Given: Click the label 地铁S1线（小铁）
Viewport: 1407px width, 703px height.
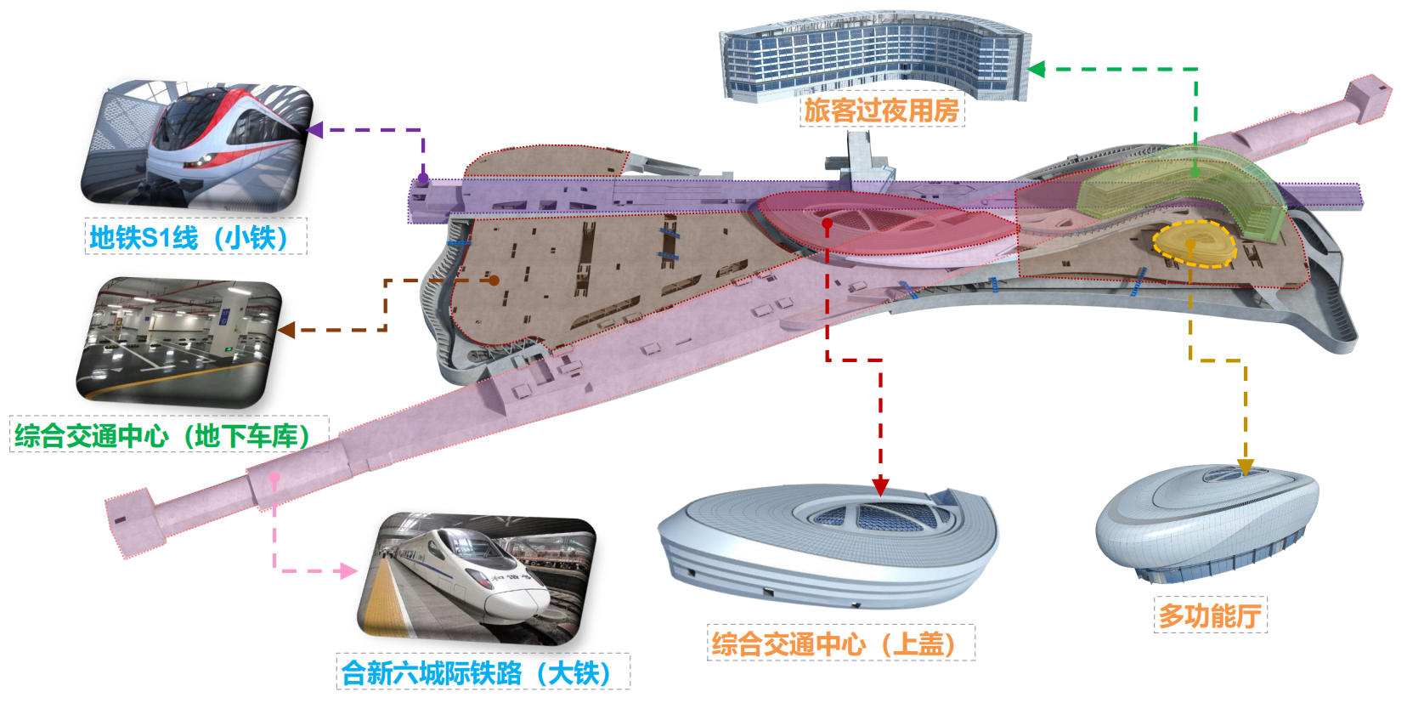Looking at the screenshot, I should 195,237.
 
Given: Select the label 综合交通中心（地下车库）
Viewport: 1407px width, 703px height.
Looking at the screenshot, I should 168,435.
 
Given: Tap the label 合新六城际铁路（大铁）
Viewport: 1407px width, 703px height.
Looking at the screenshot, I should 482,672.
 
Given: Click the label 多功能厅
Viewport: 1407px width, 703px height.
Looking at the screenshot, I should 1209,615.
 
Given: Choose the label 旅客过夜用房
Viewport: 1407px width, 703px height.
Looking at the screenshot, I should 881,110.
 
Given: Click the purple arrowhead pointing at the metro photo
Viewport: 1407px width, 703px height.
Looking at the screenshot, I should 314,130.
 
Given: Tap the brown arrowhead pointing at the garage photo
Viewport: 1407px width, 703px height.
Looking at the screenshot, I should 286,330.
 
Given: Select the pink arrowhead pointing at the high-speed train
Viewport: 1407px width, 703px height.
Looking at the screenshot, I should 348,571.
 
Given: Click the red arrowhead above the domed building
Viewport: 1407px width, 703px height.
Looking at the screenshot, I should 880,487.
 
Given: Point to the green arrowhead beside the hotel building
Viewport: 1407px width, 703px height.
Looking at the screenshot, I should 1036,70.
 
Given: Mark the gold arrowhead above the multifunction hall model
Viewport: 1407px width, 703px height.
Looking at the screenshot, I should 1246,468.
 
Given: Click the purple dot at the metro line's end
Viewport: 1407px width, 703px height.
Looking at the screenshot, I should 422,179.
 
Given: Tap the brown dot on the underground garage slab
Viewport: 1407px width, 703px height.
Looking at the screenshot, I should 494,280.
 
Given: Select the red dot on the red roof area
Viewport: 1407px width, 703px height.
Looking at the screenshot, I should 828,224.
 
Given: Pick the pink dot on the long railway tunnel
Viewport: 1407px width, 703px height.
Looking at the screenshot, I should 274,480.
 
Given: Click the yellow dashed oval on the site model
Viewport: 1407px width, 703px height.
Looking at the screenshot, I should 1194,244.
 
